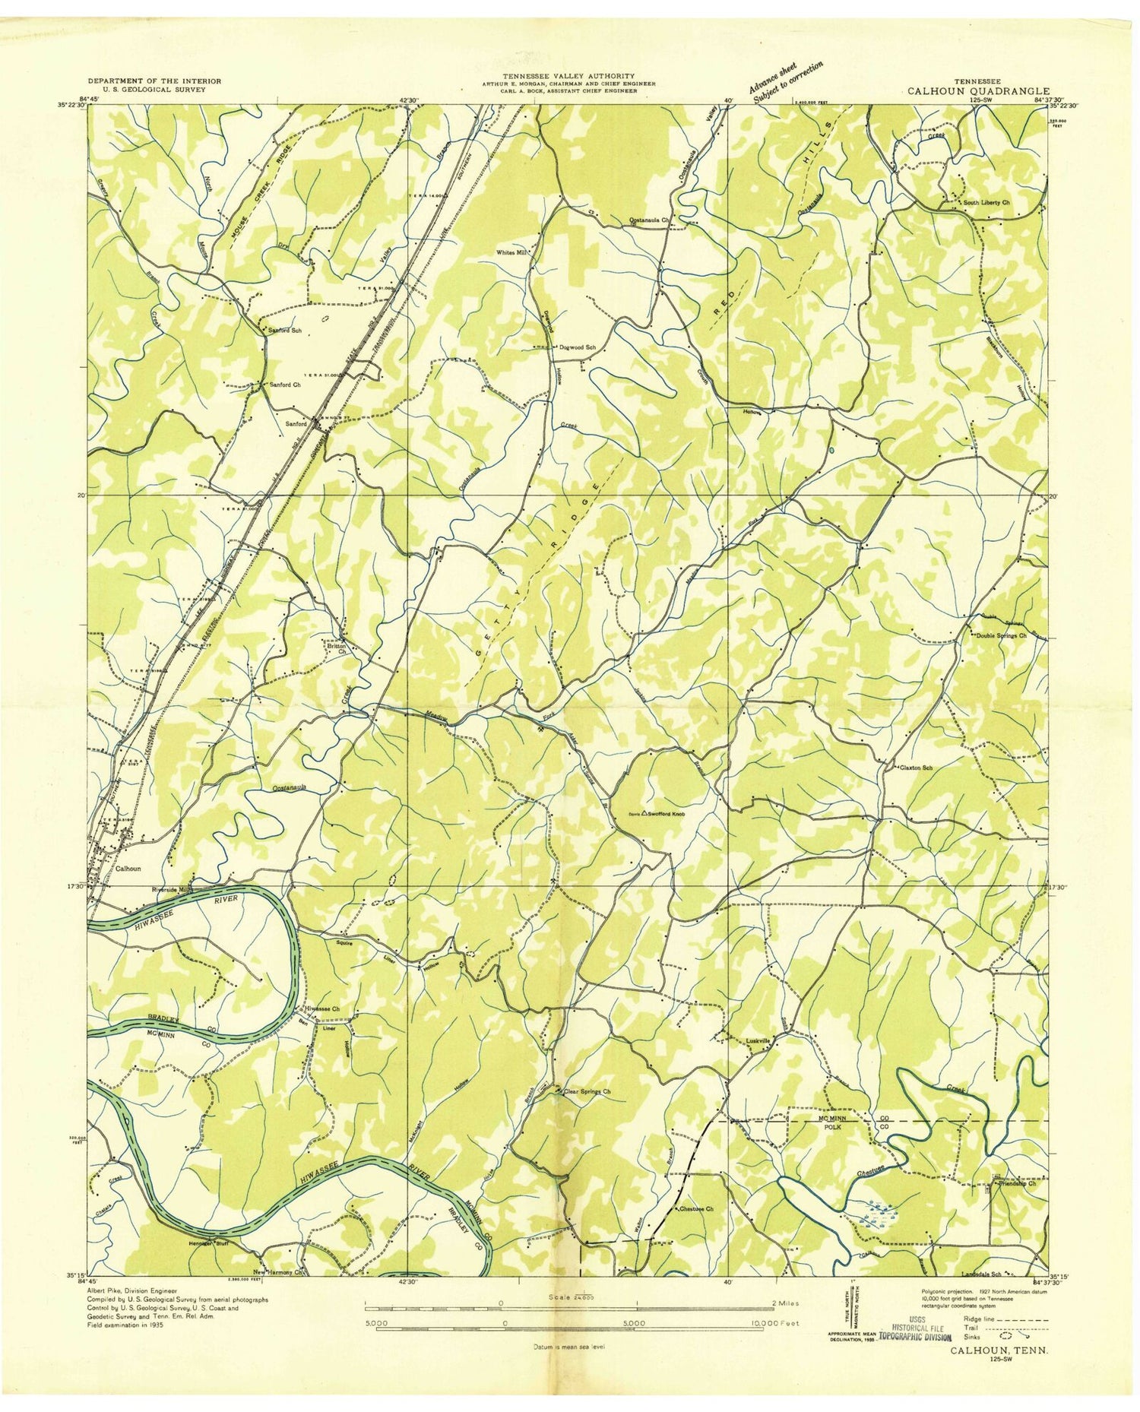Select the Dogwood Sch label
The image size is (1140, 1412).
[581, 347]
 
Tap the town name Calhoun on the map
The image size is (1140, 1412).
[128, 868]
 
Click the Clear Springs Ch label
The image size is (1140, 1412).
[587, 1091]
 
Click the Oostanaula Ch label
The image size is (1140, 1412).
[648, 220]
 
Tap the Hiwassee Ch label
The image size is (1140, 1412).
[322, 1009]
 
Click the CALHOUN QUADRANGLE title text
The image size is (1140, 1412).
[977, 90]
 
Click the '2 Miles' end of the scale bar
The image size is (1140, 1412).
[785, 1303]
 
